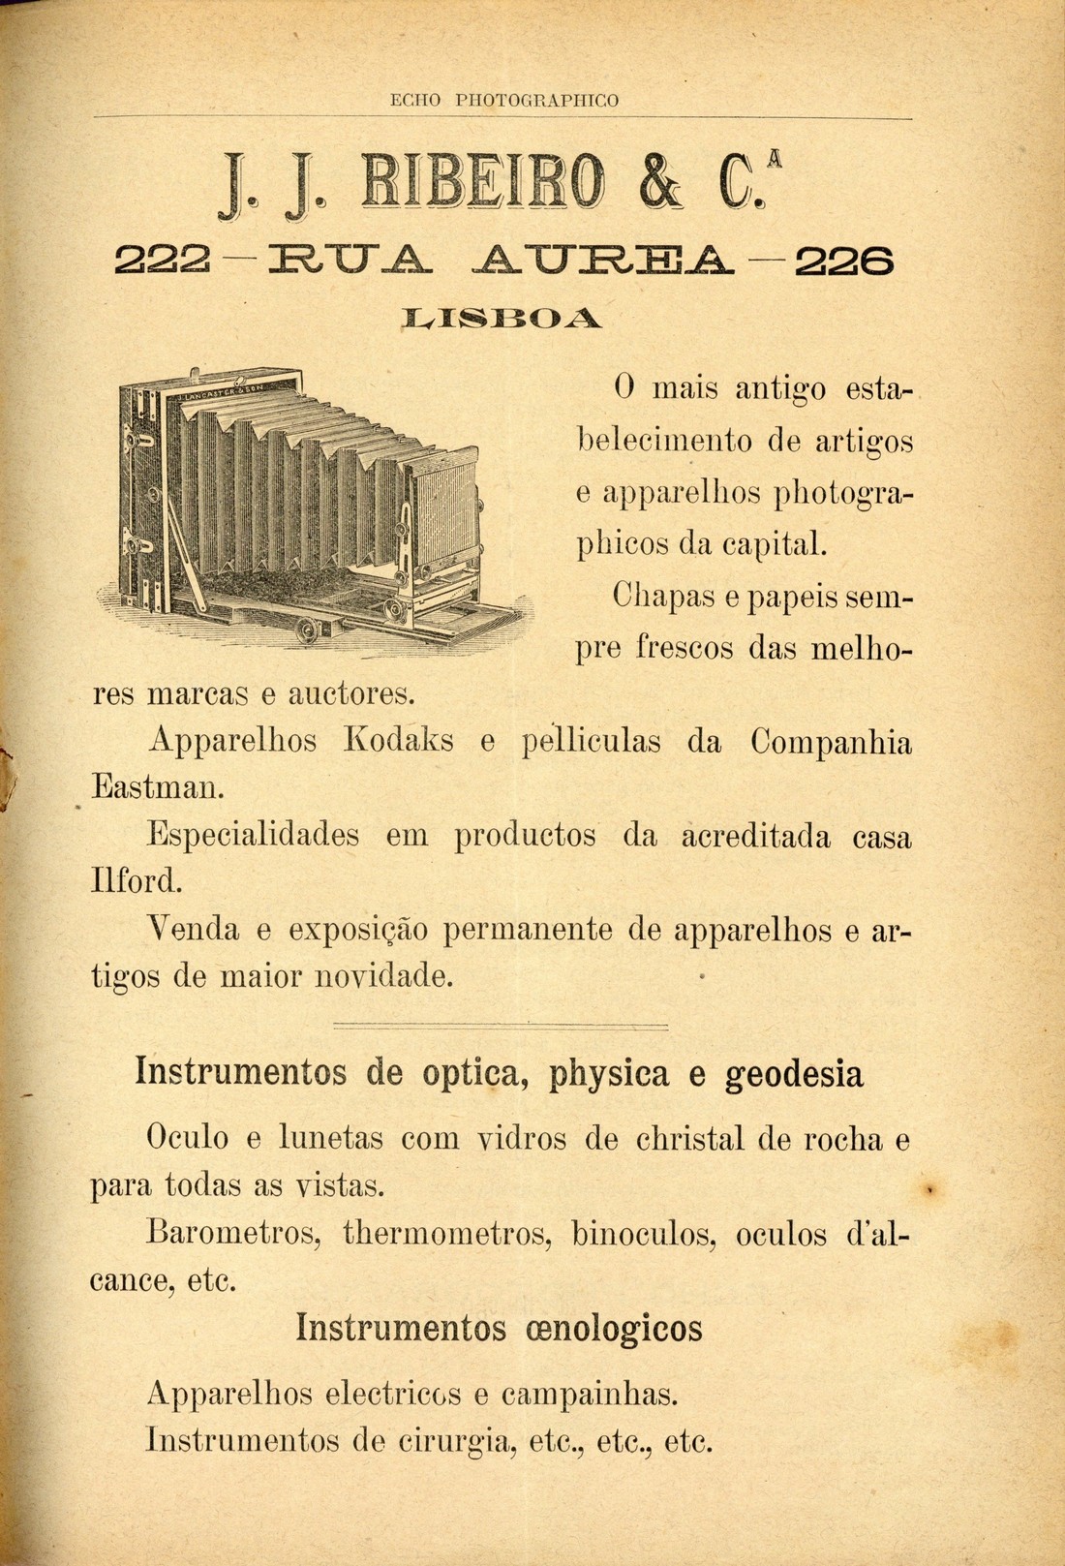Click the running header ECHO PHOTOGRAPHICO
pyautogui.click(x=503, y=100)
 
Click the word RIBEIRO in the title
pyautogui.click(x=481, y=182)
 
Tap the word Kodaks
pyautogui.click(x=398, y=742)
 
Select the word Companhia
pyautogui.click(x=831, y=742)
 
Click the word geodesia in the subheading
pyautogui.click(x=794, y=1074)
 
